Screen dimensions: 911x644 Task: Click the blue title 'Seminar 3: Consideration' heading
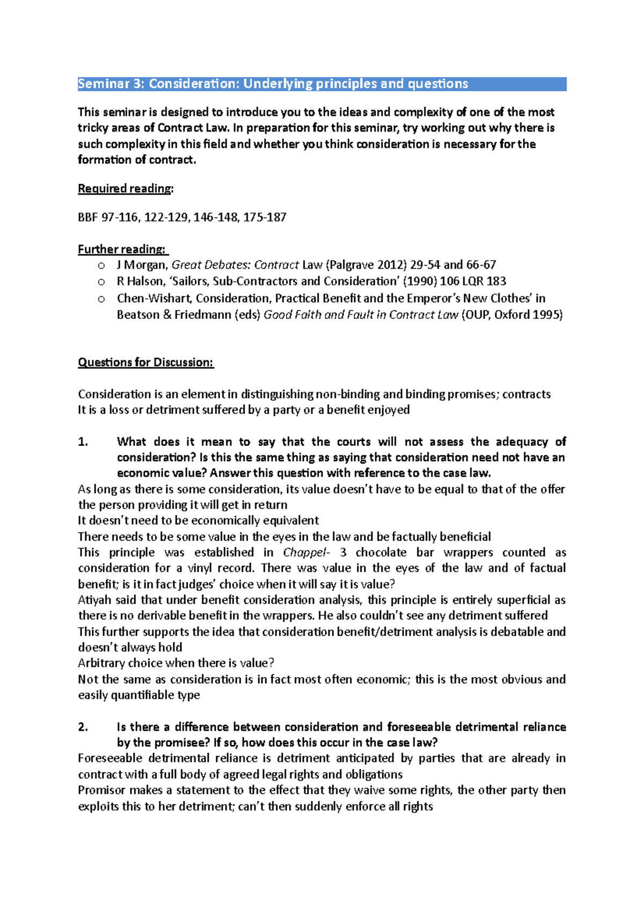273,84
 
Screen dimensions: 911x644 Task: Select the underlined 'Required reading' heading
125,188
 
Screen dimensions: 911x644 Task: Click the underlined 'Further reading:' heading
122,249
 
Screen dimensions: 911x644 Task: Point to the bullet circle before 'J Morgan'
101,265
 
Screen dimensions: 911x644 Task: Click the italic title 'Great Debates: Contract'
235,265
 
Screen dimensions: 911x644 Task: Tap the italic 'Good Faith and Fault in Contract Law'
361,315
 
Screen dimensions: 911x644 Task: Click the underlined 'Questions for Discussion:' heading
145,362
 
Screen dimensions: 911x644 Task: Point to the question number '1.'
83,442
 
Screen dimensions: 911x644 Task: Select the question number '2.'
83,727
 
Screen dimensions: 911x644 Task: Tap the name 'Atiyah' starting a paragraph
94,600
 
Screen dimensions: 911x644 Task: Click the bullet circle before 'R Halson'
101,282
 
